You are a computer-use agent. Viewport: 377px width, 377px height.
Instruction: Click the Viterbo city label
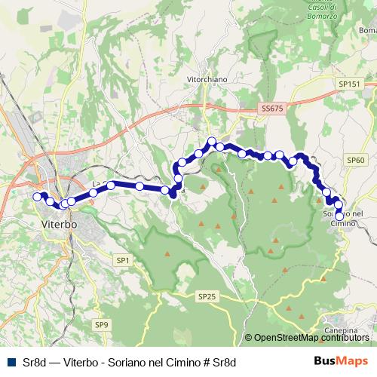coord(58,225)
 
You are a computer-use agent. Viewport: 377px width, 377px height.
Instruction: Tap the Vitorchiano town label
coord(207,78)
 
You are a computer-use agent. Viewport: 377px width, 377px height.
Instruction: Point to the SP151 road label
coord(349,84)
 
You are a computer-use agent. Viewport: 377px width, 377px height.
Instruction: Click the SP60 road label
coord(356,161)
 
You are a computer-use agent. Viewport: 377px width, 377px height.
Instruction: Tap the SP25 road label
coord(209,297)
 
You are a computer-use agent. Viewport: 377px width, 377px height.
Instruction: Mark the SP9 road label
coord(102,324)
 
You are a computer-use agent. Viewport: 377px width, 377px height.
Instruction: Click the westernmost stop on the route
coord(36,197)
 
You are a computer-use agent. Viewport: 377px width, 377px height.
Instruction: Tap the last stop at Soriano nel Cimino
coord(339,216)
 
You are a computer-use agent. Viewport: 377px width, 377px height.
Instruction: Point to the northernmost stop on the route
coord(213,141)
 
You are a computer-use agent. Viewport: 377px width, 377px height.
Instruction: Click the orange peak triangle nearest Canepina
coord(323,277)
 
